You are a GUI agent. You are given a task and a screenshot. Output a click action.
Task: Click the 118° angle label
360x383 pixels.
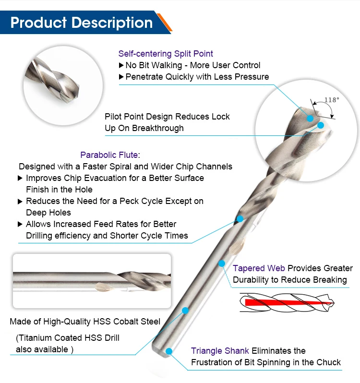point(332,100)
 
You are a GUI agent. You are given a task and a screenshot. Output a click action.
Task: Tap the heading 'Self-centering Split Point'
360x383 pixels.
point(166,54)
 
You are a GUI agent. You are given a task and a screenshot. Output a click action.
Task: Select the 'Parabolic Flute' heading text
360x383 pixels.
point(109,155)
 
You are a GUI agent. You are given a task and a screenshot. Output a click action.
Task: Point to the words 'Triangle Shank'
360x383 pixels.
point(220,351)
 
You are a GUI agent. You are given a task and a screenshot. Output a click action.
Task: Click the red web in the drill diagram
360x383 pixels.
point(283,302)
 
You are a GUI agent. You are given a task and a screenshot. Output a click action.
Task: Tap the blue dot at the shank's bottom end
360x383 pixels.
point(168,351)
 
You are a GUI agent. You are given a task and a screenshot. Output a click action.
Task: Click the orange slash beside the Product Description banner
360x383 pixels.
point(165,23)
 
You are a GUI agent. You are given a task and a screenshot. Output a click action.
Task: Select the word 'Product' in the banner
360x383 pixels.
point(38,23)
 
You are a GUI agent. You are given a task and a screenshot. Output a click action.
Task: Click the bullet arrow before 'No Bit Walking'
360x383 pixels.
point(121,65)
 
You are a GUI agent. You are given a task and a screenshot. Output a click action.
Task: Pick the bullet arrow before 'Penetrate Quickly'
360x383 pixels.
point(121,77)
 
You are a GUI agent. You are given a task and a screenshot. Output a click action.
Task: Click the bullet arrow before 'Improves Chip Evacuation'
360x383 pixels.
point(20,178)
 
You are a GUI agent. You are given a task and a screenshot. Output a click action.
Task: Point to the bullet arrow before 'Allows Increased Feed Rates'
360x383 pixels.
point(20,224)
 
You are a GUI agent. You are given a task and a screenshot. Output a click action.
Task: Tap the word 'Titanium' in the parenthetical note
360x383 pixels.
point(36,338)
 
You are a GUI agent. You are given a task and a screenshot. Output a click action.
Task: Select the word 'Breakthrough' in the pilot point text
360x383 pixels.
point(159,128)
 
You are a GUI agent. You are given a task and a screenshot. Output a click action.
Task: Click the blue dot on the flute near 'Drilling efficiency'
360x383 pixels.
point(240,219)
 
